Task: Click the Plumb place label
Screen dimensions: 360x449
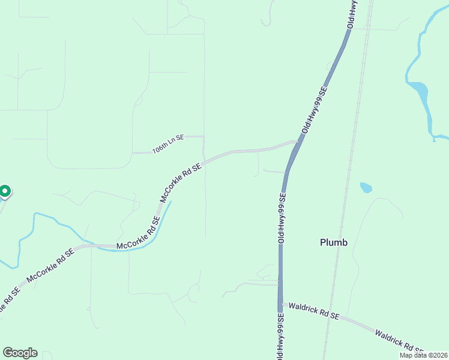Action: (x=334, y=243)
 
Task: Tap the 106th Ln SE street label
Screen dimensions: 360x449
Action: (x=167, y=144)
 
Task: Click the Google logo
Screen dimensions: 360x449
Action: (x=20, y=353)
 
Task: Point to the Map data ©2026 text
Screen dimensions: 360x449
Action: (x=424, y=355)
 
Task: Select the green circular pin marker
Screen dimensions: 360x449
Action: (x=5, y=191)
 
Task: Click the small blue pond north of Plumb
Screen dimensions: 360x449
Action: (x=366, y=187)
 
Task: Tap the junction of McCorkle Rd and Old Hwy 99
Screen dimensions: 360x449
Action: (x=296, y=143)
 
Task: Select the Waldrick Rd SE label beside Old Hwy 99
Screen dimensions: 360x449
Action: (x=314, y=311)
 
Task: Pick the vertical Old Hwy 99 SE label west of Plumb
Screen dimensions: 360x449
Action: (x=281, y=217)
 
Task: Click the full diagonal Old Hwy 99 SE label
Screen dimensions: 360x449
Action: (x=314, y=110)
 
